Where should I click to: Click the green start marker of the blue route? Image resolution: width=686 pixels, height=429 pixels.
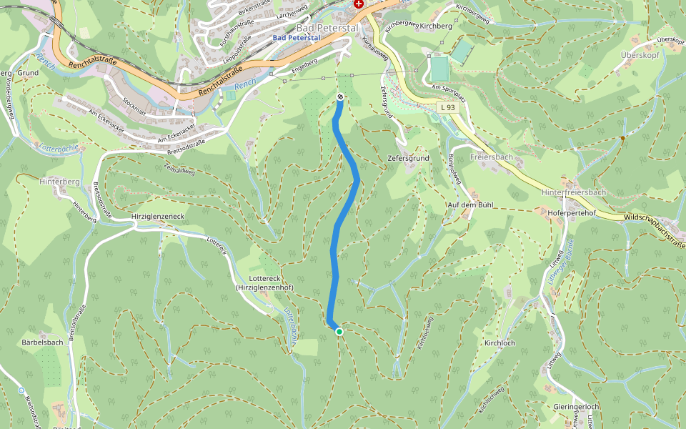339,331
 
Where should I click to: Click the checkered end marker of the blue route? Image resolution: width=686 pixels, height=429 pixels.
340,97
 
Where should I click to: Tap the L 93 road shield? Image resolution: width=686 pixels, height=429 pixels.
447,107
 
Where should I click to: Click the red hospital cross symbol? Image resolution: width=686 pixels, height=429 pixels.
359,4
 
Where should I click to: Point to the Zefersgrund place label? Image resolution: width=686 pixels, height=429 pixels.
408,157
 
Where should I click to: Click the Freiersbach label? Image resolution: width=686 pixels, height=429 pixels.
492,157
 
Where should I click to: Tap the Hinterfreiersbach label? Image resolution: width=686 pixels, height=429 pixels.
574,193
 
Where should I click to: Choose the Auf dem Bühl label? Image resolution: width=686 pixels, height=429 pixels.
470,205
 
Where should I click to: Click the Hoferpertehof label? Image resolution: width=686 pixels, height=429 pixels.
571,212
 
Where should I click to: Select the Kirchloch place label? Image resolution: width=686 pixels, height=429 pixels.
499,343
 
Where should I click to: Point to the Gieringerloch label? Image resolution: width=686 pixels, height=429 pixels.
575,406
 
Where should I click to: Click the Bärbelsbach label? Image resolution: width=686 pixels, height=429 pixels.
42,342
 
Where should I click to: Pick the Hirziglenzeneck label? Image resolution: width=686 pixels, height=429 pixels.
158,216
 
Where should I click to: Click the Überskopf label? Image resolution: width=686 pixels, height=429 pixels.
639,54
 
